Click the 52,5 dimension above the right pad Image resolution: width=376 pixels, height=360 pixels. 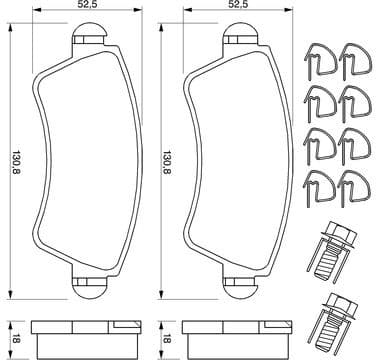point(236,6)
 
